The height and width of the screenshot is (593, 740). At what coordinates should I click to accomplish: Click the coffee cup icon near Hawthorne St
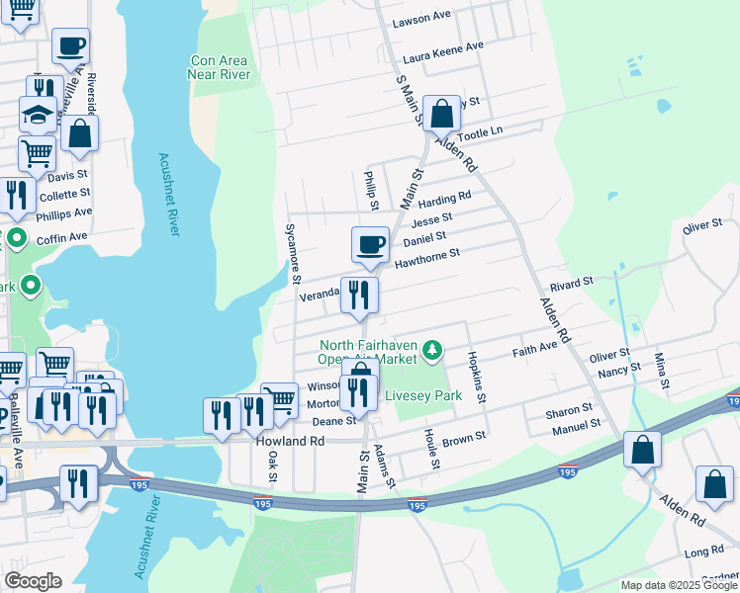click(371, 244)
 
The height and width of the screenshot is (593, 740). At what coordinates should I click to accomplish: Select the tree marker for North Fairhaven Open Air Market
click(431, 349)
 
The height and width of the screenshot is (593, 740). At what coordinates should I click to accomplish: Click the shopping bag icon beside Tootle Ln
click(442, 114)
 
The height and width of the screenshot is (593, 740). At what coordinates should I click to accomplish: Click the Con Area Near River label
click(219, 66)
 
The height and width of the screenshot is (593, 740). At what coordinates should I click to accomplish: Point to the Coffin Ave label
click(62, 237)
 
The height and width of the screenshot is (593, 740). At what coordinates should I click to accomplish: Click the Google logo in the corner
click(33, 581)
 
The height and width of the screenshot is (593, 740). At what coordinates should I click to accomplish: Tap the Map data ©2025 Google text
click(678, 585)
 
